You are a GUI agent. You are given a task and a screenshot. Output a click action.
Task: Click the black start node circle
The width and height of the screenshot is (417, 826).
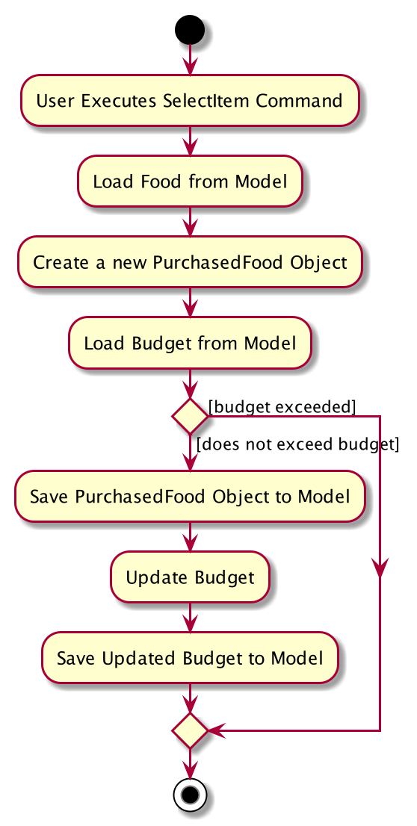[x=190, y=30]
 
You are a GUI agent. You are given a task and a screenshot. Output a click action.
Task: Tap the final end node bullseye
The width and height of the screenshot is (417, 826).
[x=190, y=795]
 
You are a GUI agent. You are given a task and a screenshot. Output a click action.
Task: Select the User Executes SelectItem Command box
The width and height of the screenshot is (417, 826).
[x=190, y=100]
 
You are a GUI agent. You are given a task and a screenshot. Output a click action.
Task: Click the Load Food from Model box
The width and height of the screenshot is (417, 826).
[x=190, y=181]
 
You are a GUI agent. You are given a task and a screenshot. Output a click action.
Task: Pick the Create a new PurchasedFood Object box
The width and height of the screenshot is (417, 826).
[x=190, y=262]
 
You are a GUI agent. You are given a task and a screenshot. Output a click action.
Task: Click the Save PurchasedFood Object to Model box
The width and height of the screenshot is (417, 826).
[x=190, y=496]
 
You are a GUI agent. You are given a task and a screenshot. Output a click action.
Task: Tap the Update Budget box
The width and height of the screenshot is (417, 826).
[x=190, y=577]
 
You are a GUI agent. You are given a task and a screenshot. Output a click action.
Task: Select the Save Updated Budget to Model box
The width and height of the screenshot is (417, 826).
[x=190, y=658]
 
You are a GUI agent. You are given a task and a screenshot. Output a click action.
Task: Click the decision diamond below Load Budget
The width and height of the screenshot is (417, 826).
[x=190, y=416]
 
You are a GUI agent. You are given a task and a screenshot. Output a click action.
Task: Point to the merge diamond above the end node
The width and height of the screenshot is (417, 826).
[x=190, y=730]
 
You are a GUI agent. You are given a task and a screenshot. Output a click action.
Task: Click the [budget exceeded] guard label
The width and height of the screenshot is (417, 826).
[x=282, y=407]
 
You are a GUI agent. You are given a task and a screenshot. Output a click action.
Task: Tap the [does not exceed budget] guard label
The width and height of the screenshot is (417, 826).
[x=297, y=444]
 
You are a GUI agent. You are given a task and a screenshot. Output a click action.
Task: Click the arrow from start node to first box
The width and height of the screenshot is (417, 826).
[x=190, y=59]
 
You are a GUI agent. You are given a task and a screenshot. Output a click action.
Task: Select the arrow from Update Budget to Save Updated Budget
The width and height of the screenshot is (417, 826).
[x=190, y=618]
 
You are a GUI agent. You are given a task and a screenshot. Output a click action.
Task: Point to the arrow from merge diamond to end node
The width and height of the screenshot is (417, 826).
[x=190, y=763]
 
